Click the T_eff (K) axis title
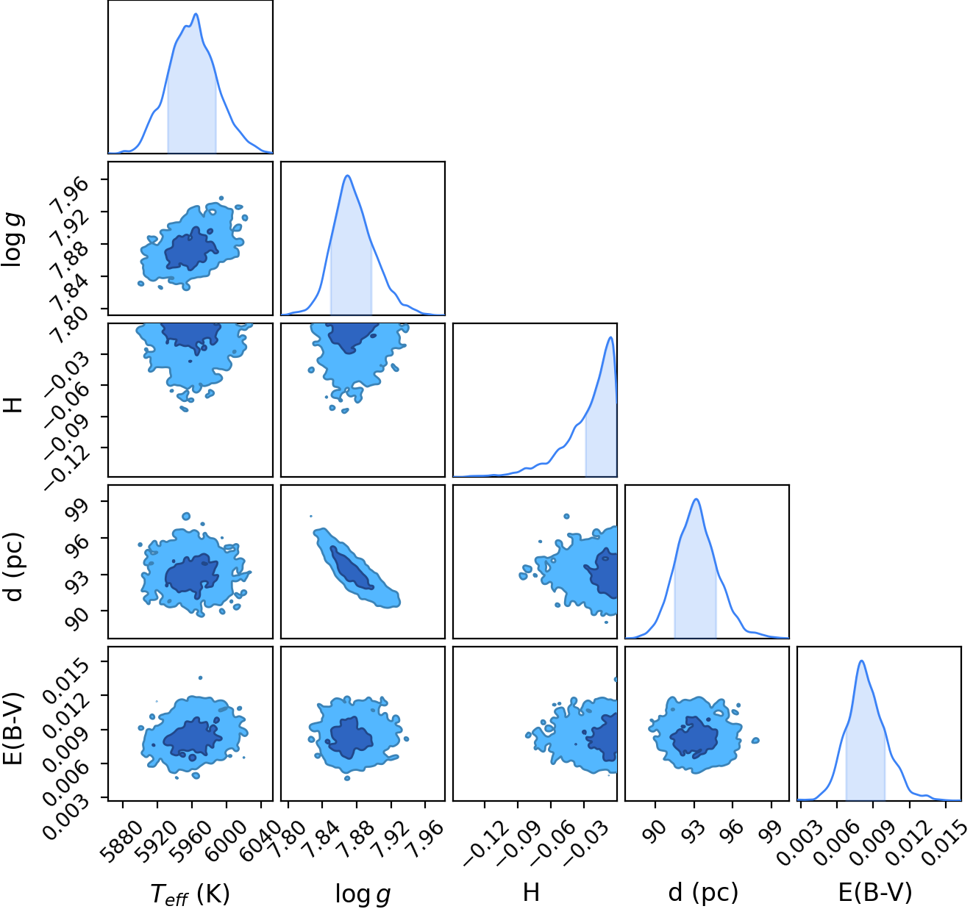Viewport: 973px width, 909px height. tap(190, 894)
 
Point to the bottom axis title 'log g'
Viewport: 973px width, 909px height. tap(363, 894)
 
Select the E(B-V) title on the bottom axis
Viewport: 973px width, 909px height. tap(875, 892)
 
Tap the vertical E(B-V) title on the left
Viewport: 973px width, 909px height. tap(13, 729)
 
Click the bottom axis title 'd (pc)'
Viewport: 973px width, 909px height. tap(703, 892)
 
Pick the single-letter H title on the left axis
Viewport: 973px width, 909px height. tap(13, 405)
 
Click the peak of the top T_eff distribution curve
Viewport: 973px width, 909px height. tap(196, 14)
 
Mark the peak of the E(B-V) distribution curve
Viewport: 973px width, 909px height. tap(860, 661)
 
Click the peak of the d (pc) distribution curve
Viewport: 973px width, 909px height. tap(696, 499)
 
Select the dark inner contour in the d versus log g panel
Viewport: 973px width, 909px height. tap(352, 567)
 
